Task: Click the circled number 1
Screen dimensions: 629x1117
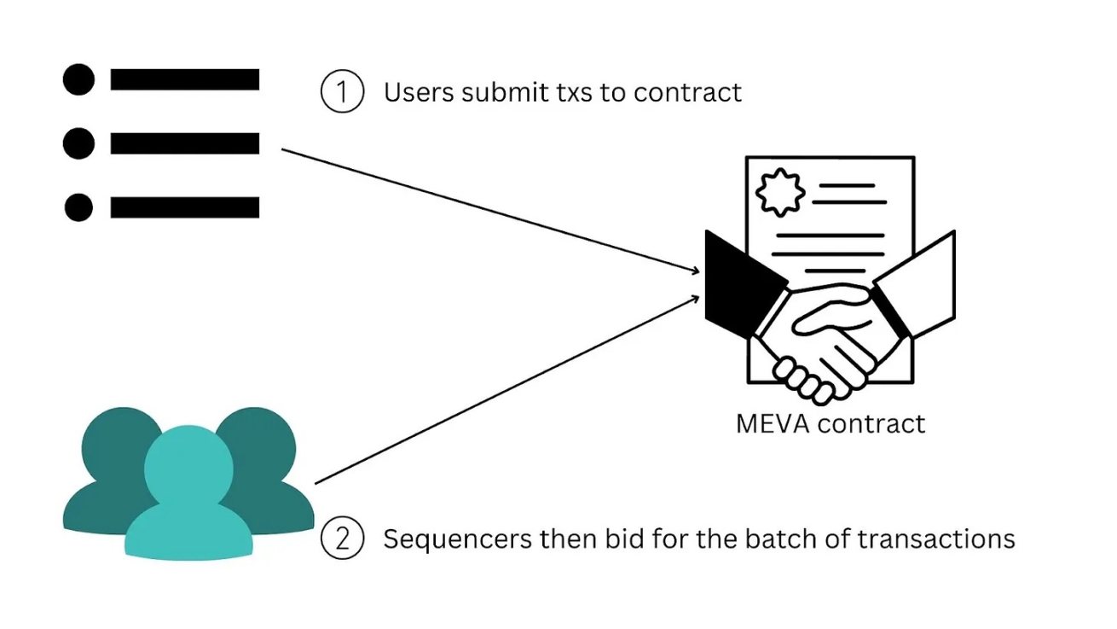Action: pos(342,92)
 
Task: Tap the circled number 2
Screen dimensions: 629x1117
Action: pos(342,540)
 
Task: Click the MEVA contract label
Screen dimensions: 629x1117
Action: pos(831,423)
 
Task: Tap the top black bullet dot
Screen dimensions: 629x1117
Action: pos(78,79)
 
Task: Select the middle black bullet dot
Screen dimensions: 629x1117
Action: pos(78,143)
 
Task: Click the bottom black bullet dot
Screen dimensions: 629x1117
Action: pos(78,207)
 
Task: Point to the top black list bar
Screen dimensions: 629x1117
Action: pos(185,79)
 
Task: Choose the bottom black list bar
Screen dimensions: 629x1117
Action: pos(185,207)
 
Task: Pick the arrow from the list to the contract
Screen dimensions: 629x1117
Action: pos(495,212)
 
